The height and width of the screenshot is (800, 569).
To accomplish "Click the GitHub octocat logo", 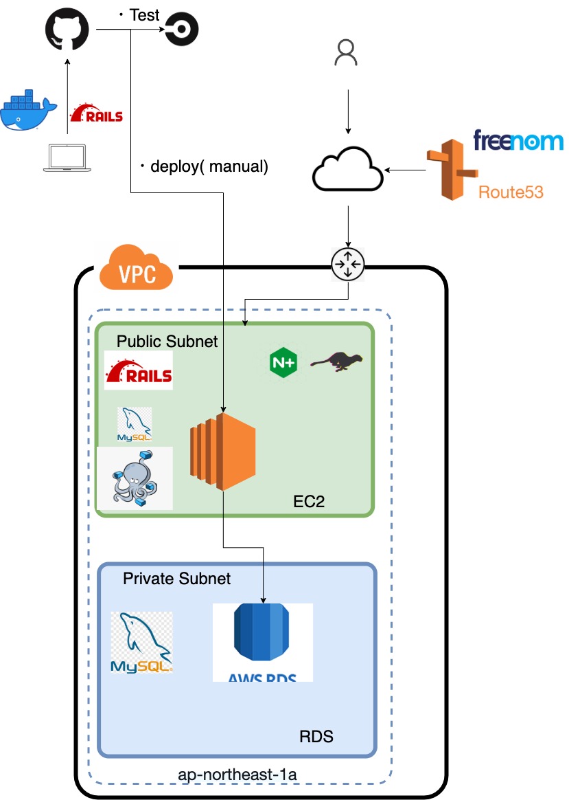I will [67, 30].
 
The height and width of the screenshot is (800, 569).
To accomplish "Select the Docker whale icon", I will [26, 110].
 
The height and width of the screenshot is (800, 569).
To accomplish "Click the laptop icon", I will [67, 158].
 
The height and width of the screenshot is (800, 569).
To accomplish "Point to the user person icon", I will [347, 52].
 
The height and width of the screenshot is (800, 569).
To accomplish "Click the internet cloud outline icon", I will [349, 168].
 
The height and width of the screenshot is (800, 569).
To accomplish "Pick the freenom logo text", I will [518, 141].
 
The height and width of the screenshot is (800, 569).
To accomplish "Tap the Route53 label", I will [511, 192].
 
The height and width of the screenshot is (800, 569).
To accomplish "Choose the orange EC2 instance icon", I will [223, 451].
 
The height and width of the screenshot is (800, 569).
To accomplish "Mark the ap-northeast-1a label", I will [237, 774].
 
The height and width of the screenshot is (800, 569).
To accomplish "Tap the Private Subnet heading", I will [177, 579].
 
